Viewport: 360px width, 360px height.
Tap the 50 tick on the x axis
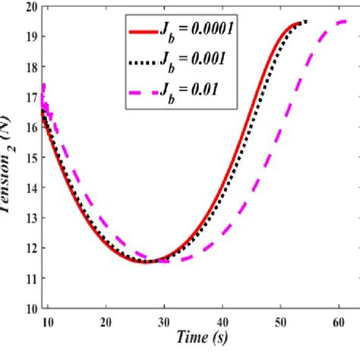point(280,321)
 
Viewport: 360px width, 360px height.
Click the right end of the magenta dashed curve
point(347,21)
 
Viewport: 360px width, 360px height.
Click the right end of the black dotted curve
point(306,21)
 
